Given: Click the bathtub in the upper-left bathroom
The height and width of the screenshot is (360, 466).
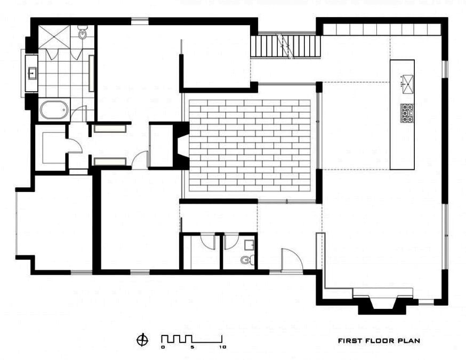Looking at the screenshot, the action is [x=54, y=110].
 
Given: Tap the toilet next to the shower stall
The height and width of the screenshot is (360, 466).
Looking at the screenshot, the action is [x=82, y=33].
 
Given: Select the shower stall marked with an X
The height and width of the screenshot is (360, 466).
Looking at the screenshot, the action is [x=54, y=37].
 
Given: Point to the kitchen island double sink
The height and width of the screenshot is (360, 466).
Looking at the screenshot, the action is [x=408, y=84].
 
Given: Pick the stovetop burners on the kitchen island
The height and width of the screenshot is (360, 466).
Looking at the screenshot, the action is [x=407, y=113].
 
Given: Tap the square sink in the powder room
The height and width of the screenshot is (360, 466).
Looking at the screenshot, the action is [x=249, y=245].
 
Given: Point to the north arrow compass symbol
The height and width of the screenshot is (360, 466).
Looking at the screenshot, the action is [x=142, y=340].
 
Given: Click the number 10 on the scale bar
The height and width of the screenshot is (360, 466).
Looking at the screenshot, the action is [x=222, y=347].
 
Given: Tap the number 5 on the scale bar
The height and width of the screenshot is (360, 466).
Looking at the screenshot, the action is [x=192, y=347].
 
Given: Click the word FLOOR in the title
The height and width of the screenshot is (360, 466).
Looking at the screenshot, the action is [x=380, y=341].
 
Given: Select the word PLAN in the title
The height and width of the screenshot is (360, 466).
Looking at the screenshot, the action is [x=409, y=341].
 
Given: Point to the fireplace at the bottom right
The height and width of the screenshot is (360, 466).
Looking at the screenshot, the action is [x=383, y=304].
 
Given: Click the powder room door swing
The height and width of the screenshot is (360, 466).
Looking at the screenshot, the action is [x=231, y=242].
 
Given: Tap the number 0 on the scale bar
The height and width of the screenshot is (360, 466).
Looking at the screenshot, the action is [x=163, y=347].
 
